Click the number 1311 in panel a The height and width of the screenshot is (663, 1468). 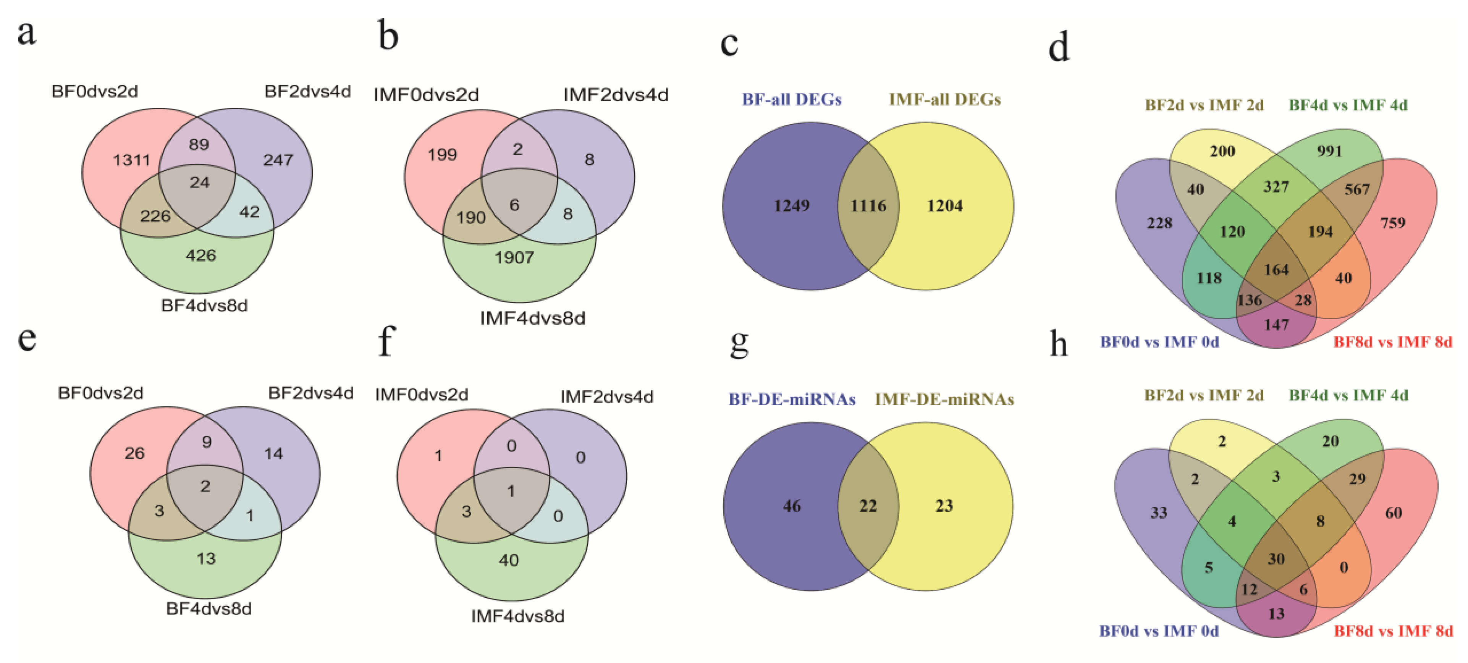coord(132,160)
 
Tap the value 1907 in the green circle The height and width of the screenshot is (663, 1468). coord(514,258)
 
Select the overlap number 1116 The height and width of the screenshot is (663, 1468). coord(868,206)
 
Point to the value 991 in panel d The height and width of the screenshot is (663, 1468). coord(1329,151)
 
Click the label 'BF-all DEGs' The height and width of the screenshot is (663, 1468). coord(792,100)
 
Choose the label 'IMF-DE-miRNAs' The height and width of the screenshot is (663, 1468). coord(944,399)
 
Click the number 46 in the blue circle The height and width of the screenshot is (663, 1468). coord(792,506)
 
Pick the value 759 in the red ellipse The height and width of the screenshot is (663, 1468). coord(1393,223)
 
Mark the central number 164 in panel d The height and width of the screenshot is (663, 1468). coord(1276,270)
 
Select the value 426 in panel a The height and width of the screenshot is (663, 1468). coord(200,255)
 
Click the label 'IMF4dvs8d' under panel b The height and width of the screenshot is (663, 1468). coord(532,318)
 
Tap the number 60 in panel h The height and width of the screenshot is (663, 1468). coord(1394,513)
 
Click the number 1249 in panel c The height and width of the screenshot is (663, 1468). coord(792,206)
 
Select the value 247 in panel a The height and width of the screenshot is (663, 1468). coord(278,160)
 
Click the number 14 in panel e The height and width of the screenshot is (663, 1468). coord(273,454)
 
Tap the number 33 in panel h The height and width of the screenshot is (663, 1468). coord(1159,513)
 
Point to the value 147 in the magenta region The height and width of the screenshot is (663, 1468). coord(1276,325)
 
